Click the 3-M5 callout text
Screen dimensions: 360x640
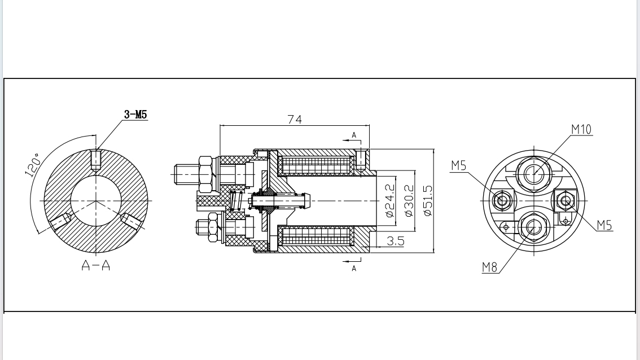click(136, 114)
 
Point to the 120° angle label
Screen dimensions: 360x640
click(32, 165)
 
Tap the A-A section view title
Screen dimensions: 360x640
click(95, 265)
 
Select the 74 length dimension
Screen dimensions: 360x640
click(295, 119)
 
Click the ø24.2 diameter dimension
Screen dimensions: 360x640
click(389, 200)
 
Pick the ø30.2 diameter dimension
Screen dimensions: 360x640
click(409, 200)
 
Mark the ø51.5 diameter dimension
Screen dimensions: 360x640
click(428, 200)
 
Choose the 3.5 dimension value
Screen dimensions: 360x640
click(396, 241)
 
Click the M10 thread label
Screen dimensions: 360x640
click(581, 129)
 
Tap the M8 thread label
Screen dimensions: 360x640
click(490, 267)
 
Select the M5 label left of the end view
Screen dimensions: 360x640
click(458, 165)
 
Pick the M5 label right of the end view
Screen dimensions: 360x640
click(604, 225)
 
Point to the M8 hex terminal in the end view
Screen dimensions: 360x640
click(532, 226)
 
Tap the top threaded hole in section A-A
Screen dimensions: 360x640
click(96, 159)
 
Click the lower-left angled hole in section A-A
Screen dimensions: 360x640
click(60, 221)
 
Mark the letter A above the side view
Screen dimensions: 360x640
click(354, 135)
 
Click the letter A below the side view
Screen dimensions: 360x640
click(354, 269)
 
